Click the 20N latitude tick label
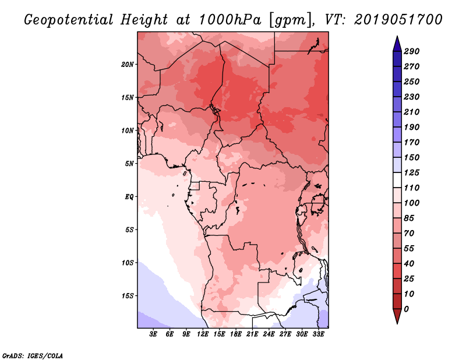click(x=128, y=65)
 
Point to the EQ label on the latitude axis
click(x=129, y=197)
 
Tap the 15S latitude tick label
click(x=128, y=296)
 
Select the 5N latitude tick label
click(x=129, y=164)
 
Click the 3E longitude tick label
click(x=153, y=334)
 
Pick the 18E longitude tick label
click(x=236, y=334)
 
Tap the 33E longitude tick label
click(x=318, y=334)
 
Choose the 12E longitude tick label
click(x=203, y=334)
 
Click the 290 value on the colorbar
click(x=412, y=51)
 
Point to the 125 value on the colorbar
click(x=412, y=172)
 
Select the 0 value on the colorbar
click(x=407, y=309)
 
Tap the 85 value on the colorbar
click(x=409, y=218)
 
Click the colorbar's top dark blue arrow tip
click(x=397, y=36)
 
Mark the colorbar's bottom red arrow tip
click(x=397, y=323)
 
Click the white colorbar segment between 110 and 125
click(x=397, y=180)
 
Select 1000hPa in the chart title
click(x=230, y=20)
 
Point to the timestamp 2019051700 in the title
click(x=398, y=20)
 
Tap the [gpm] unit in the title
click(x=290, y=20)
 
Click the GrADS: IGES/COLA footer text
click(x=33, y=356)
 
